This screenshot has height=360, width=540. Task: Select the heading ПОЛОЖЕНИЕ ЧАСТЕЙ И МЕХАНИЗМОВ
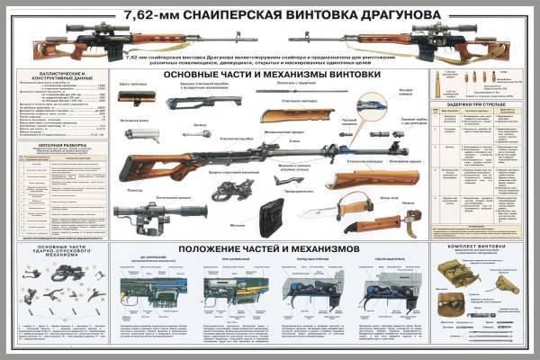click(269, 247)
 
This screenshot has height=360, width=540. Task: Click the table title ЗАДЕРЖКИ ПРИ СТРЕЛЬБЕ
click(477, 104)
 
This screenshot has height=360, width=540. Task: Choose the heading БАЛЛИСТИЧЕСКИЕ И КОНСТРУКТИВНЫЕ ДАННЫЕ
click(60, 76)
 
